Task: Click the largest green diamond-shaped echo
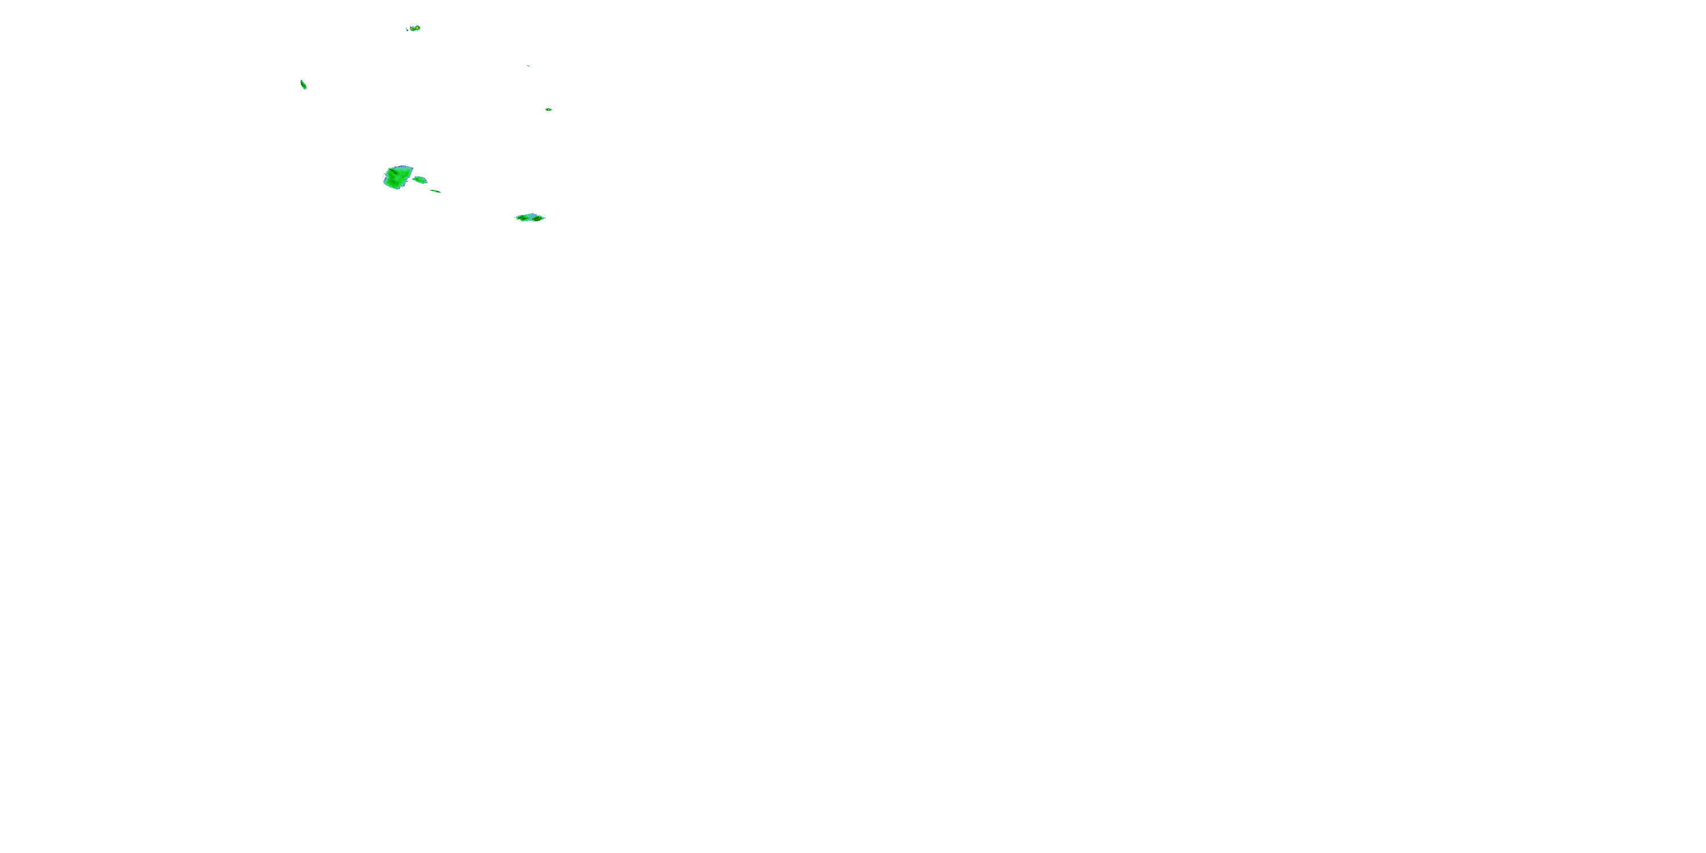coord(397,177)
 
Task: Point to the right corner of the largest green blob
coord(412,168)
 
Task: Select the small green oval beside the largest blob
coord(420,180)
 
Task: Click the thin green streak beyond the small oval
coord(436,192)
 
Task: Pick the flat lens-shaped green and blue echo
coord(530,217)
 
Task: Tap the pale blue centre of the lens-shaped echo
coord(531,216)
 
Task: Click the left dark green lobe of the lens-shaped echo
coord(521,218)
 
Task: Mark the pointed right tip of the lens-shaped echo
coord(545,217)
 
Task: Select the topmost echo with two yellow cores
coord(415,28)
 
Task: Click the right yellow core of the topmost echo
coord(417,28)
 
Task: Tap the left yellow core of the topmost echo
coord(412,28)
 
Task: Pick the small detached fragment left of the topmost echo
coord(407,29)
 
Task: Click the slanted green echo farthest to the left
coord(303,85)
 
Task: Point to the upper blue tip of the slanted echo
coord(301,81)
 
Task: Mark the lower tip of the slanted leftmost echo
coord(305,88)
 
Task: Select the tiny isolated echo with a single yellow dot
coord(548,109)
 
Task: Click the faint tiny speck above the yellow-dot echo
coord(528,65)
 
